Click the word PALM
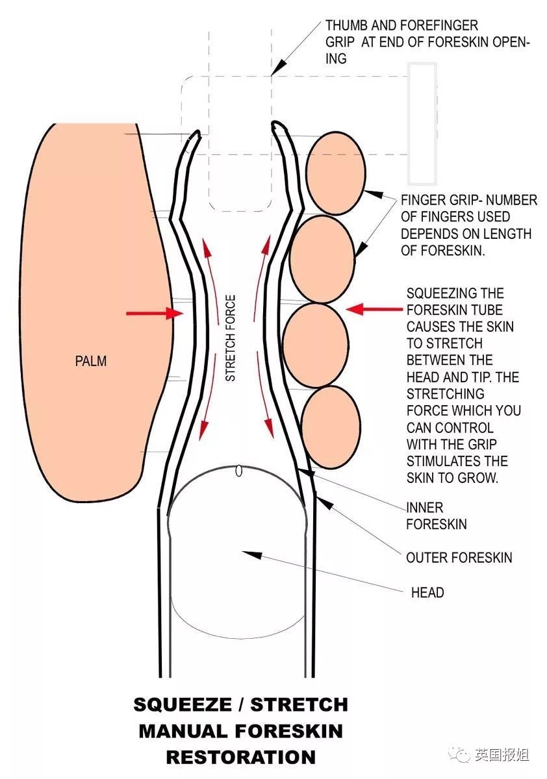click(x=91, y=361)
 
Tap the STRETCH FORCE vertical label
click(x=231, y=338)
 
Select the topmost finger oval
click(x=336, y=173)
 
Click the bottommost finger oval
click(x=331, y=427)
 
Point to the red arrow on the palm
click(x=155, y=314)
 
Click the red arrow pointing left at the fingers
click(x=374, y=309)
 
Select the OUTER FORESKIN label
click(x=459, y=558)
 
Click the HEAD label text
click(x=427, y=593)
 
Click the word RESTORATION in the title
click(x=241, y=757)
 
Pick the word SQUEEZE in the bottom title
click(x=183, y=704)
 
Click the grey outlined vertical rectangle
click(x=422, y=123)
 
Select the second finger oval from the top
click(x=322, y=259)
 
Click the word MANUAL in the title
click(x=184, y=731)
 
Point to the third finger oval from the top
click(x=315, y=345)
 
